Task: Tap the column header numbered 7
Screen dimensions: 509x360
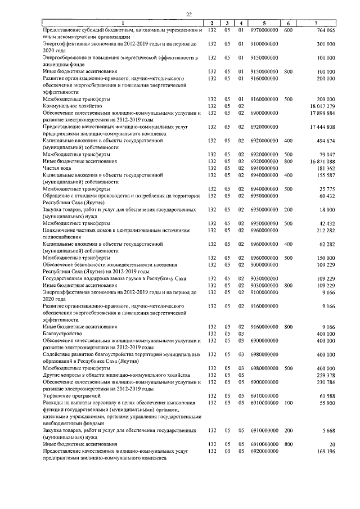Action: (x=318, y=23)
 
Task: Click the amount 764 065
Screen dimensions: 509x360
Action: (x=324, y=30)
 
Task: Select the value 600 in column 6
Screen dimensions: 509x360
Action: (x=287, y=30)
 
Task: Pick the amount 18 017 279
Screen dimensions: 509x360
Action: (x=322, y=105)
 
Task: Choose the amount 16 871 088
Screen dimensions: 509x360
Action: (x=322, y=161)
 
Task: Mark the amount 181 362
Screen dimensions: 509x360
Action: (x=325, y=168)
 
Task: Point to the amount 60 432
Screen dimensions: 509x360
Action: (x=326, y=195)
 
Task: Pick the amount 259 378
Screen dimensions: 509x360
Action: (x=325, y=374)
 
